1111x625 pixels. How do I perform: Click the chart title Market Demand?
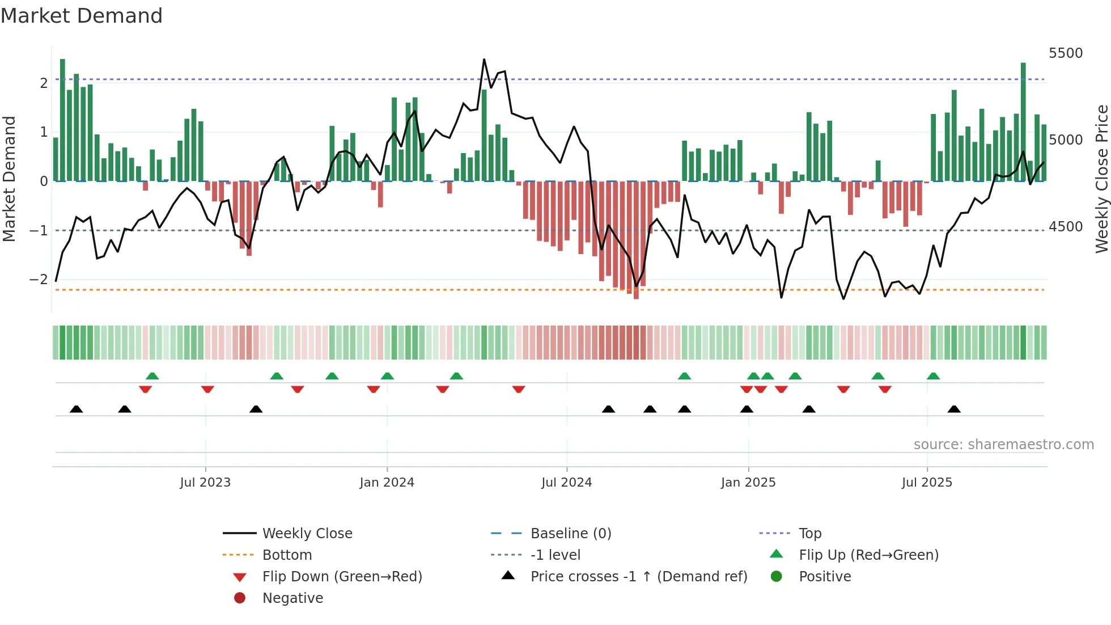coord(82,16)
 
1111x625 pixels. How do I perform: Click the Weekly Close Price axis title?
coord(1101,179)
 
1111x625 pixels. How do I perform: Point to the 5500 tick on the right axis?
coord(1065,53)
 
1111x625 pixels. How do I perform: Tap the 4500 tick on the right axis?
coord(1065,227)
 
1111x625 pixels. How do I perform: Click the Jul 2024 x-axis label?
coord(566,483)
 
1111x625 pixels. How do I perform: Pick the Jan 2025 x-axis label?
coord(748,483)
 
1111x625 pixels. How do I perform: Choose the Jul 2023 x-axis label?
coord(205,483)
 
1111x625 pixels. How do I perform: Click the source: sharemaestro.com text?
coord(1003,445)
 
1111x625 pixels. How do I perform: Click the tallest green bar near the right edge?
coord(1023,122)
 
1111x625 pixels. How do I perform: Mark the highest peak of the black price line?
coord(484,60)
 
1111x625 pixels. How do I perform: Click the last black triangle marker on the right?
coord(954,409)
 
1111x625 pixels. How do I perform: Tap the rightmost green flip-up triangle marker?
coord(933,376)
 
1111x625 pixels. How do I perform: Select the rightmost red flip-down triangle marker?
coord(885,389)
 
